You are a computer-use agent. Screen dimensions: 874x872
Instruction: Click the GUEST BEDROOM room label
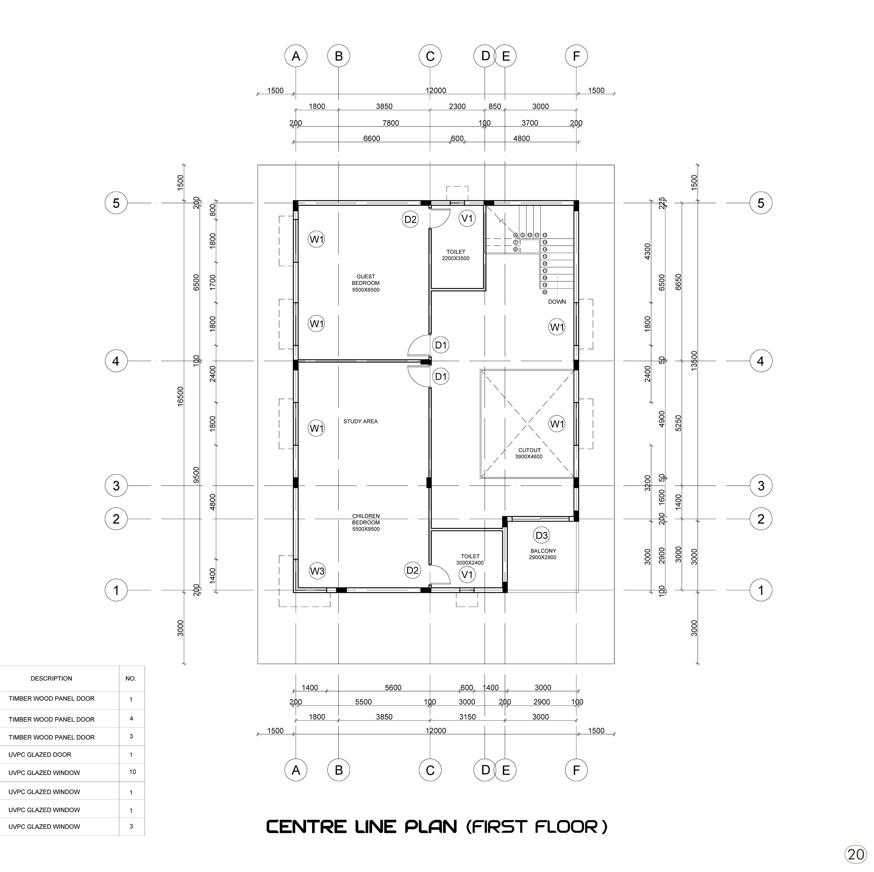point(366,283)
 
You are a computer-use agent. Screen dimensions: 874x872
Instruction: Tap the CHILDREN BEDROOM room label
point(366,522)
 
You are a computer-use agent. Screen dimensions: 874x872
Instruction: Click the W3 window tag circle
point(317,571)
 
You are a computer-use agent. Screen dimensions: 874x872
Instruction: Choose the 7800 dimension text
point(391,123)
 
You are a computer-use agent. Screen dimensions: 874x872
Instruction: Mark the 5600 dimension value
point(393,687)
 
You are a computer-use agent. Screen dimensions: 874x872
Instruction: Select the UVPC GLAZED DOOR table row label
point(40,755)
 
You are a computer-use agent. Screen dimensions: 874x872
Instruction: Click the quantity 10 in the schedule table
point(132,772)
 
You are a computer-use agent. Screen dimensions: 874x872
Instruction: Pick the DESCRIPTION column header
point(51,678)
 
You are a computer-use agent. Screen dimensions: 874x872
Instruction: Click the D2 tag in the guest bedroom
point(410,220)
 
